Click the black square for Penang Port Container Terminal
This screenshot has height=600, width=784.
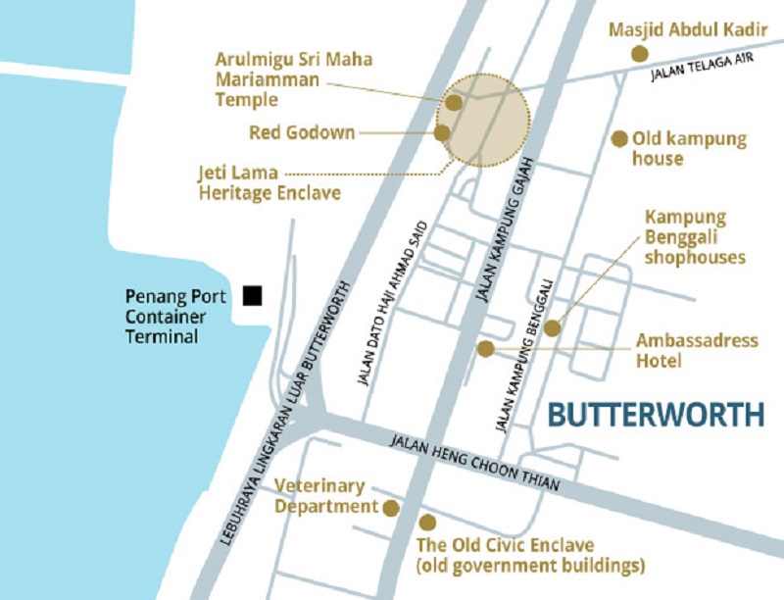[253, 295]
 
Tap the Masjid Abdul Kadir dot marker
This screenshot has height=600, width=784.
[639, 53]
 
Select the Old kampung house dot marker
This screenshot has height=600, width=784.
[618, 139]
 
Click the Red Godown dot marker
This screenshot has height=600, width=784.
[442, 132]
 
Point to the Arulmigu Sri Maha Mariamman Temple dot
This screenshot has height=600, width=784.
[454, 101]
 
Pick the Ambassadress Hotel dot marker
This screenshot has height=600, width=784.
[485, 348]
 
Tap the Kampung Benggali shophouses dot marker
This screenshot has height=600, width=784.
[552, 328]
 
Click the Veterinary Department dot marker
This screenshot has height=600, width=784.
[390, 507]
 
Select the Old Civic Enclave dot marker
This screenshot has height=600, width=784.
[425, 523]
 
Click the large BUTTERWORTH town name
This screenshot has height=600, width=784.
[655, 414]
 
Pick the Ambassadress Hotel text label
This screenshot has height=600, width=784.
[697, 351]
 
